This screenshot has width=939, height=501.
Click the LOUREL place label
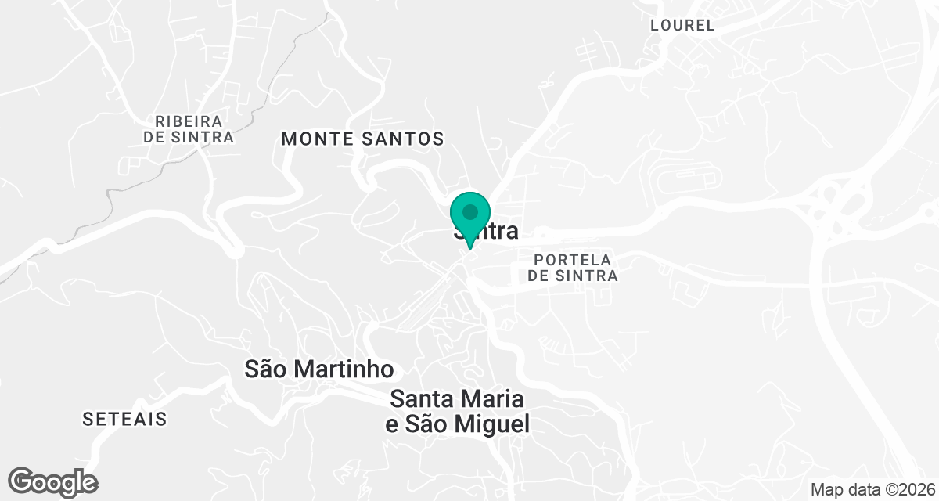pos(682,25)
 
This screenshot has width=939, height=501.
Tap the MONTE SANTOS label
pos(362,139)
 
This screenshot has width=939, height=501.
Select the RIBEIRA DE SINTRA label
pos(189,129)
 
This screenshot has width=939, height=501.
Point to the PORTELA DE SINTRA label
pos(572,268)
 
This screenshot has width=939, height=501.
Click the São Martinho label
pos(318,369)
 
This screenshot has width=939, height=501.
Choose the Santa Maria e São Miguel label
pos(459,412)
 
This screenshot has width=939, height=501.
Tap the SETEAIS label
pos(124,420)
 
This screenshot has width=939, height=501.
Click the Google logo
pos(53,481)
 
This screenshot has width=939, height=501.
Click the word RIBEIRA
pos(189,121)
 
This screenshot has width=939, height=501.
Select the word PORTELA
pos(572,260)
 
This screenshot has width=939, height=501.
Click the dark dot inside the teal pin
pos(470,212)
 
